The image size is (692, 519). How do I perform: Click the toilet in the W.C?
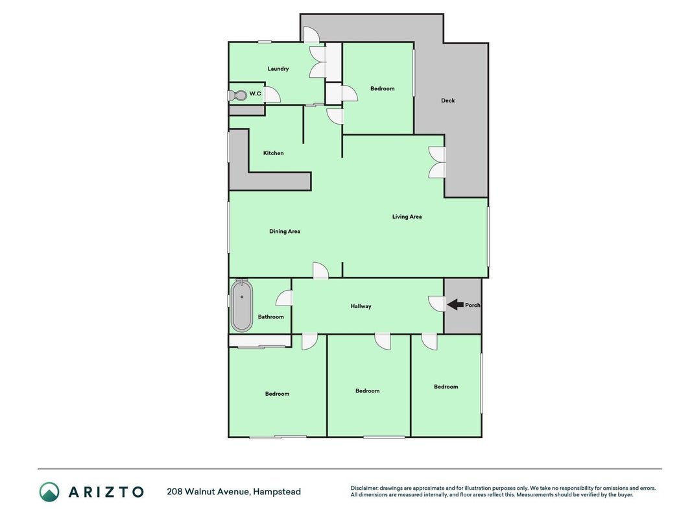point(237,95)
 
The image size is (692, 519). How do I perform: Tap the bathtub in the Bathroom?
point(241,306)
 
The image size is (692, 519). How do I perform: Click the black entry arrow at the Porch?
point(455,304)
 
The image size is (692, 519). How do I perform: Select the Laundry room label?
point(278,69)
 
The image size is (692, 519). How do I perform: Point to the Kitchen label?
point(273,153)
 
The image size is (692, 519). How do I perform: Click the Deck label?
point(448,101)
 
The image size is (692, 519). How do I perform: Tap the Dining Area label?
point(285,231)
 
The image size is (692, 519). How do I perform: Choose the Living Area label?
point(407,217)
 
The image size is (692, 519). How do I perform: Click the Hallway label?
point(361,306)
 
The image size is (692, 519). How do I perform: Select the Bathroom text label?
point(271,317)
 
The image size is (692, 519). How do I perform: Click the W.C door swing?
point(272,95)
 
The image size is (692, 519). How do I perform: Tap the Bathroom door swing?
point(284,298)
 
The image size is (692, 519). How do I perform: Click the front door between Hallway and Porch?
point(437,304)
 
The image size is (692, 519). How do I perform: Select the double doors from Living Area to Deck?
point(437,162)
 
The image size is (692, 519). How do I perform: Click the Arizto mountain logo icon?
point(49,492)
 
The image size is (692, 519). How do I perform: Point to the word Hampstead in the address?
point(277,492)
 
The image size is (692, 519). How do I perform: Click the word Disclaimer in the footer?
point(364,488)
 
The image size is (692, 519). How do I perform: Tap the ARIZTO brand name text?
point(106,492)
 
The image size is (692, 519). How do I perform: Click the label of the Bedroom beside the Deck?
point(383,89)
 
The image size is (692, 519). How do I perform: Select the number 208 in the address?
point(174,492)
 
